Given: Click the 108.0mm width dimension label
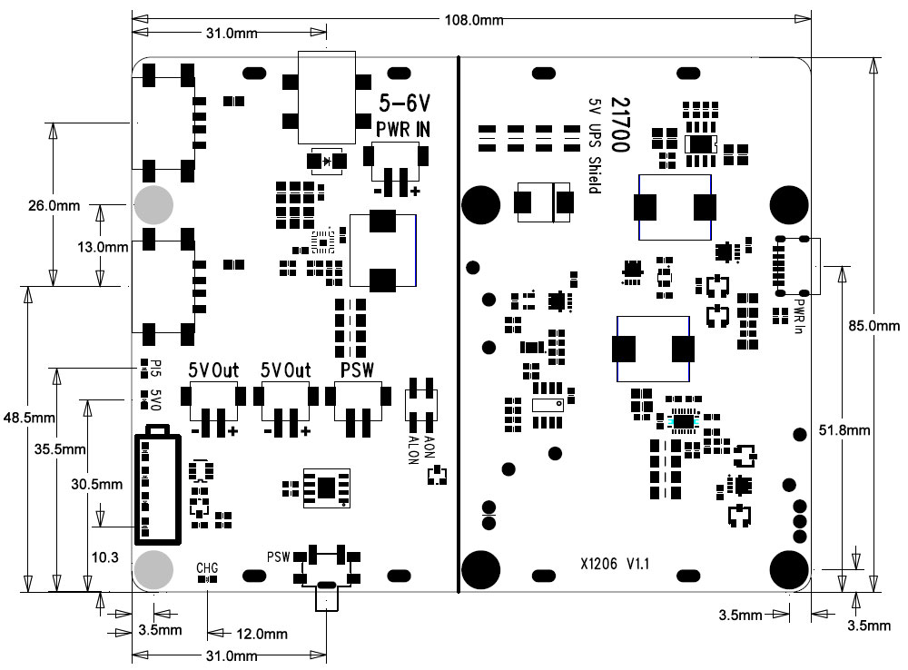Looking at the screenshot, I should (472, 20).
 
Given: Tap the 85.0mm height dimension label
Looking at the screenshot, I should (875, 325).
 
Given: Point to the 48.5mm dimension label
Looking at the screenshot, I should (30, 417).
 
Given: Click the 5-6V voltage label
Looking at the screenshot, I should (405, 100).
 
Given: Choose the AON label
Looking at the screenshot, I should (430, 445).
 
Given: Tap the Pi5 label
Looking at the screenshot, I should (154, 369).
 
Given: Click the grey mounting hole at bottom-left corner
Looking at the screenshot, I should (153, 569).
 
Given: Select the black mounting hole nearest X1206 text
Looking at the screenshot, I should (481, 568).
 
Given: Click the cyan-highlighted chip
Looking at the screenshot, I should (682, 419).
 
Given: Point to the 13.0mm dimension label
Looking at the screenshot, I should (103, 246).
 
